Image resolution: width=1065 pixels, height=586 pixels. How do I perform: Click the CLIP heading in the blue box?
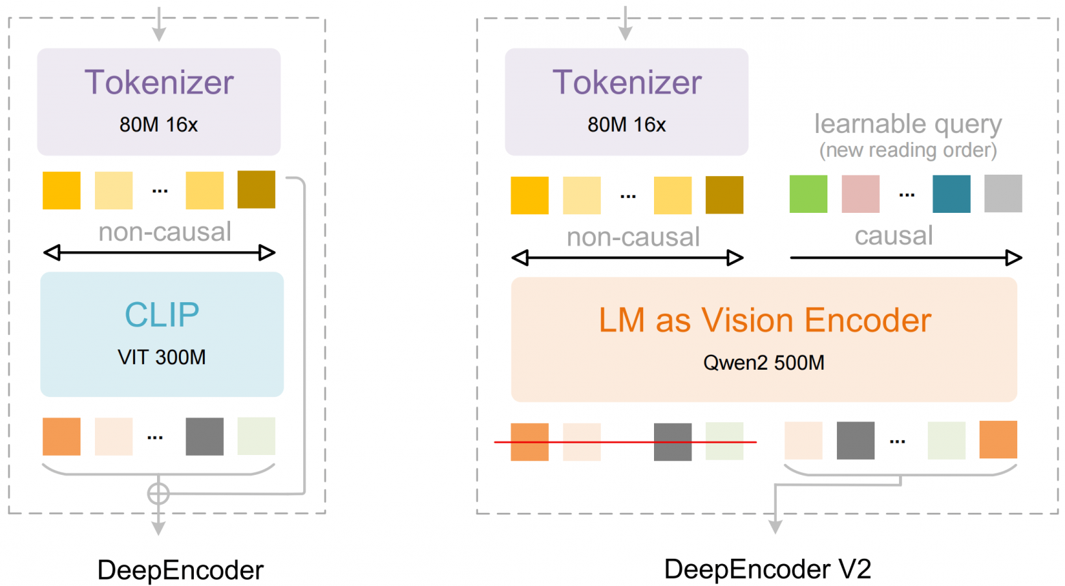[x=162, y=315]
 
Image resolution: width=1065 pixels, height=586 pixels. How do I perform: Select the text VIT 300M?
[x=162, y=357]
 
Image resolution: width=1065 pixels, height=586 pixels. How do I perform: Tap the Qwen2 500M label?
[x=763, y=363]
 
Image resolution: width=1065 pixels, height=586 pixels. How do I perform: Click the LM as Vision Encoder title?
[x=765, y=320]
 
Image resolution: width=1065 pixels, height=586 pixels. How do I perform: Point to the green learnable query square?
[x=808, y=194]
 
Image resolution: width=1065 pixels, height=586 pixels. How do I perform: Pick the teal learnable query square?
[x=951, y=194]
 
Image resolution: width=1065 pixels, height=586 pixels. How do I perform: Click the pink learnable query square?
[x=860, y=194]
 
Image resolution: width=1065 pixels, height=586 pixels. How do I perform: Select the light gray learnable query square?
[x=1003, y=193]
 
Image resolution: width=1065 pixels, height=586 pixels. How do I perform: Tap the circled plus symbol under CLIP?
[x=158, y=493]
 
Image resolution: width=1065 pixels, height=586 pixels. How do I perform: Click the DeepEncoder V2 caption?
[x=767, y=569]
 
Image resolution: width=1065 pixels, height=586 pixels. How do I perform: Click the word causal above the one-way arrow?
[x=894, y=236]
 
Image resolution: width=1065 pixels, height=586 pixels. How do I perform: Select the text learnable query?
[x=908, y=124]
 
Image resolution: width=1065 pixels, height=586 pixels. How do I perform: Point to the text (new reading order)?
[x=908, y=150]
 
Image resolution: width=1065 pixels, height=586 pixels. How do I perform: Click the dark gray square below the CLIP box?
[x=204, y=437]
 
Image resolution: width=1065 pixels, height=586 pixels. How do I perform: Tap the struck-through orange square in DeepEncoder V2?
[x=529, y=442]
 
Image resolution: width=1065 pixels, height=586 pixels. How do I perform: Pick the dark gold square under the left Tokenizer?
[x=256, y=190]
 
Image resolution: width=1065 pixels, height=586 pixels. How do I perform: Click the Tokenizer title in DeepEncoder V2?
[x=627, y=83]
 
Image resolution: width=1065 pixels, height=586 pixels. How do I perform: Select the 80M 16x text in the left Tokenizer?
[x=158, y=125]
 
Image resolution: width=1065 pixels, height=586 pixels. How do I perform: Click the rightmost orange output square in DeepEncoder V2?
[x=998, y=440]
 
